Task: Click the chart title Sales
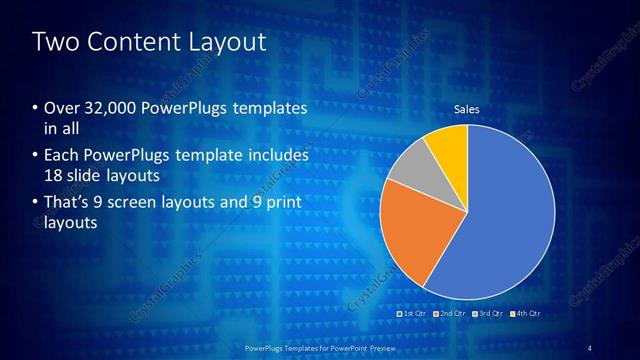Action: (467, 108)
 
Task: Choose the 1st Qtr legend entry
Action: (416, 314)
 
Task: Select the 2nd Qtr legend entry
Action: (450, 314)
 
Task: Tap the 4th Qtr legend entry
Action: (525, 314)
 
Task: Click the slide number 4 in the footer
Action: (590, 347)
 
